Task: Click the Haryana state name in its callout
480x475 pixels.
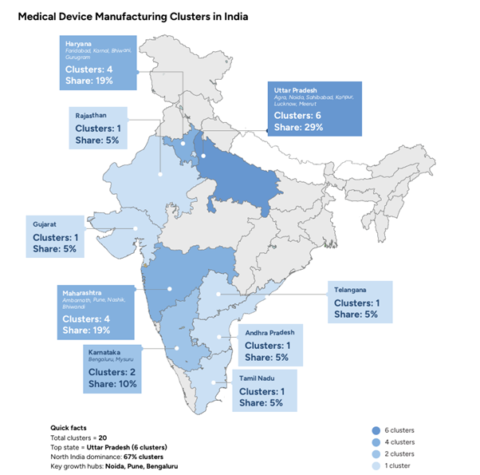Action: [78, 44]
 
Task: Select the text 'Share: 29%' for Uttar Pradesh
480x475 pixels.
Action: [296, 126]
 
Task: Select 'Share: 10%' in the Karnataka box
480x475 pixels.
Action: [112, 384]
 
